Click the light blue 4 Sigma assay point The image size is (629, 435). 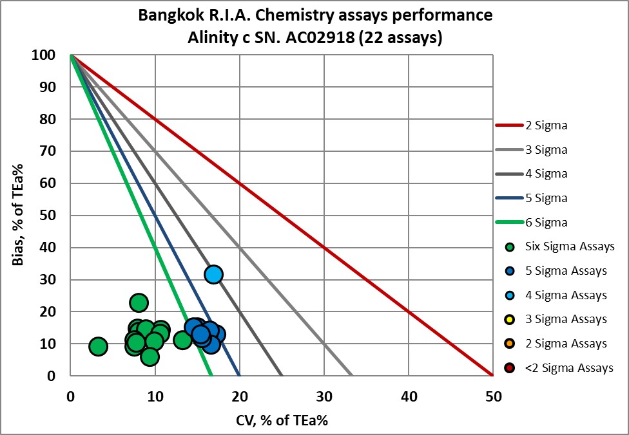213,274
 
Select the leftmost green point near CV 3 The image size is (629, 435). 97,347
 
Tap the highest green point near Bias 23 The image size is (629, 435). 139,302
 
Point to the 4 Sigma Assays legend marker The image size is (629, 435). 510,295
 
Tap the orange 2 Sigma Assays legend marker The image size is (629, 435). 510,344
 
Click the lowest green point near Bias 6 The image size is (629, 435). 150,356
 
